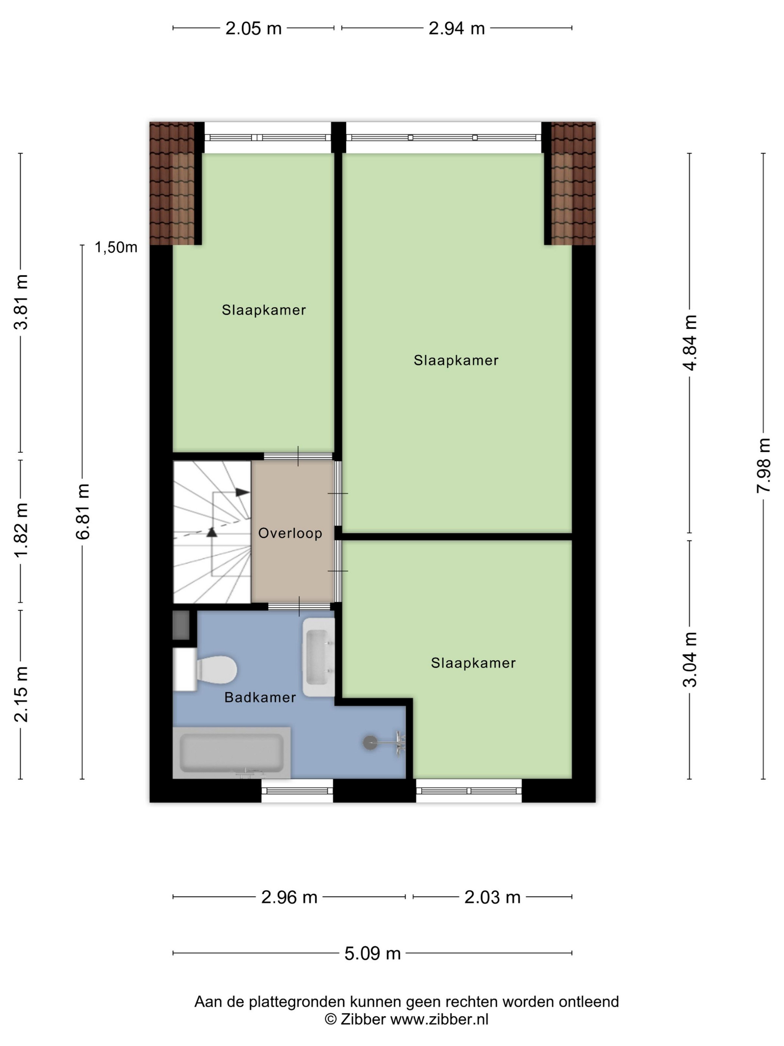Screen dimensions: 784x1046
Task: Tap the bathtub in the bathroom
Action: pos(231,753)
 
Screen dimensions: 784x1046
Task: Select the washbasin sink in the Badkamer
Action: pos(318,657)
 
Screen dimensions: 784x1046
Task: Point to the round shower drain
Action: pos(370,742)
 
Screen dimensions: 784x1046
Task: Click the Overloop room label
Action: pos(290,533)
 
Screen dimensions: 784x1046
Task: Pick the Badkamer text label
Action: pos(260,697)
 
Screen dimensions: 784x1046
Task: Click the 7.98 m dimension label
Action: pos(763,466)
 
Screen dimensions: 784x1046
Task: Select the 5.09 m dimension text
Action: pos(372,953)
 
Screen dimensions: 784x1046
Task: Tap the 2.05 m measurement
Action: pos(253,28)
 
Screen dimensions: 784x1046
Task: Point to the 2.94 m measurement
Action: pos(457,28)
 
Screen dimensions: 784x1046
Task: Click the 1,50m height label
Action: pos(116,247)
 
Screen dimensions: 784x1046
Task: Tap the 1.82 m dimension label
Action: pos(21,530)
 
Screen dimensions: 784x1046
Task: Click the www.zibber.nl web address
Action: pos(439,1019)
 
